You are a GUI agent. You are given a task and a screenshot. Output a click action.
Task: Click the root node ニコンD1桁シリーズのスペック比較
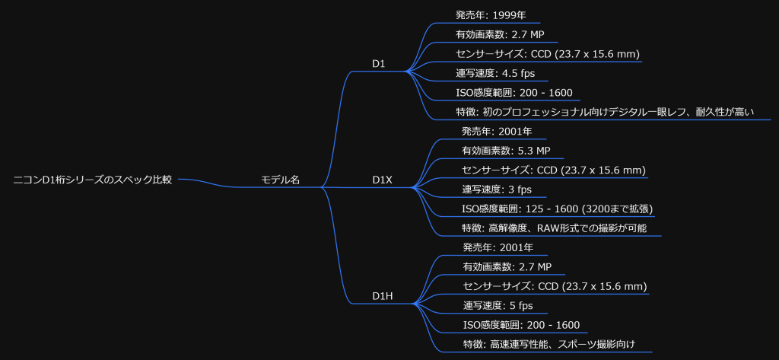click(93, 180)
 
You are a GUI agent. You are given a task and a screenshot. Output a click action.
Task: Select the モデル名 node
click(281, 180)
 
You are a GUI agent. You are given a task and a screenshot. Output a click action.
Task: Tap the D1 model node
click(379, 64)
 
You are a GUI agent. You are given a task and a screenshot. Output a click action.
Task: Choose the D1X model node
click(382, 180)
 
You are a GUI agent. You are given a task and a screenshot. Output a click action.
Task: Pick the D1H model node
click(383, 296)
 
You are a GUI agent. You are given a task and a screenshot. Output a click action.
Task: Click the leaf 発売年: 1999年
click(498, 15)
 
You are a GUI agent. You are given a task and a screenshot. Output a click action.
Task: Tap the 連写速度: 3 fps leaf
click(497, 190)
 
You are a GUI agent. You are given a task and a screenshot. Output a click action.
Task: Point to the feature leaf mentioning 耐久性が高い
click(605, 113)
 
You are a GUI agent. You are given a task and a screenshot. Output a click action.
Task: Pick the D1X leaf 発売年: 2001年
click(497, 132)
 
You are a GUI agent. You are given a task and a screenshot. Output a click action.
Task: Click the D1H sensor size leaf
click(555, 286)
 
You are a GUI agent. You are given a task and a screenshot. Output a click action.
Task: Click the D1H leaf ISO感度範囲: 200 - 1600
click(521, 325)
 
